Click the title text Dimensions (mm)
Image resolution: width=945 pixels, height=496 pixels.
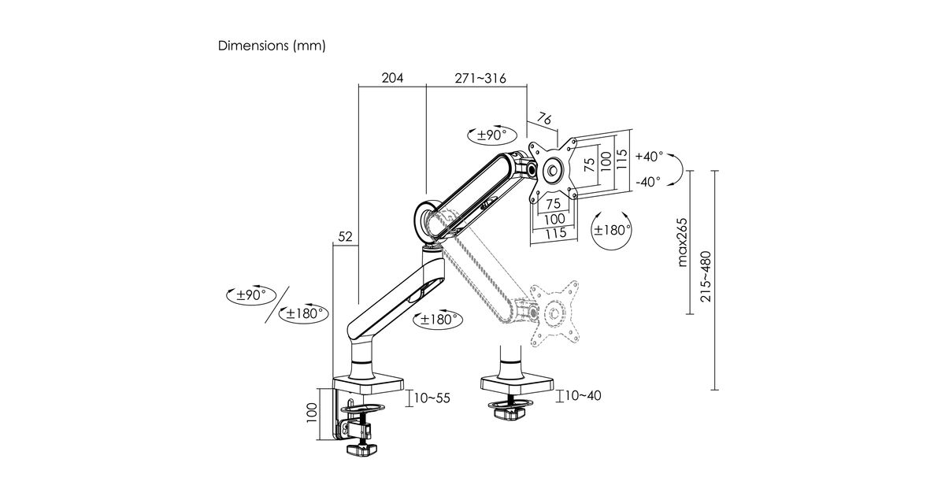point(271,46)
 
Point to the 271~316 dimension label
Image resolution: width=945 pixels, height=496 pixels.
point(480,78)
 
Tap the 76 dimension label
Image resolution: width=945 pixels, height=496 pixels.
point(544,120)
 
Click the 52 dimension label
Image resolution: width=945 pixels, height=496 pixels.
point(345,235)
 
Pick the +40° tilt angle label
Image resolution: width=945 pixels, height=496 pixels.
point(649,156)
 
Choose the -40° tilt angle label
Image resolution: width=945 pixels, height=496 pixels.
point(649,183)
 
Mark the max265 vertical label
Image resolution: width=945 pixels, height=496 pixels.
point(683,242)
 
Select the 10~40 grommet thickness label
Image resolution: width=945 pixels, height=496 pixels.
point(584,395)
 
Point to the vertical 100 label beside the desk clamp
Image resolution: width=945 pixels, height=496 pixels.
point(312,411)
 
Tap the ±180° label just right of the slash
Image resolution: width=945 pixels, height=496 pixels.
point(306,313)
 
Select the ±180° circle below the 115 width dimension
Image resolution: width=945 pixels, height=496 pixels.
point(613,230)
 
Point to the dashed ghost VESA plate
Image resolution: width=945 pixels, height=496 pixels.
point(555,312)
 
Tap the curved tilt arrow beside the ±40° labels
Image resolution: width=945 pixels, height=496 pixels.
point(676,169)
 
